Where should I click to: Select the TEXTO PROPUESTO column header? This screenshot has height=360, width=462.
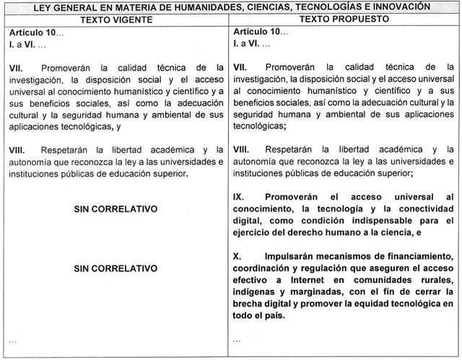pyautogui.click(x=346, y=19)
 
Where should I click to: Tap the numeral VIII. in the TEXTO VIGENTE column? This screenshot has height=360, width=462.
pyautogui.click(x=17, y=149)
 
